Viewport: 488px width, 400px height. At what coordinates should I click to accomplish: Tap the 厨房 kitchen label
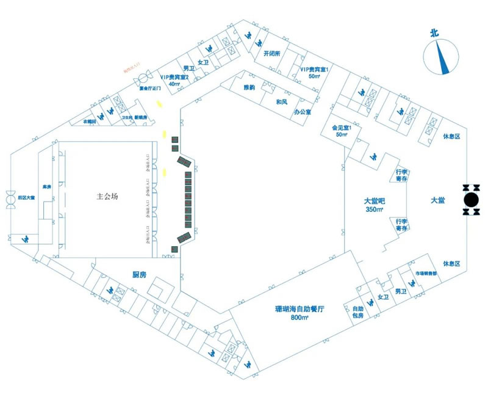tap(140, 275)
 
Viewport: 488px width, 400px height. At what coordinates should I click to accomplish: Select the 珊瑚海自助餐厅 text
tap(298, 309)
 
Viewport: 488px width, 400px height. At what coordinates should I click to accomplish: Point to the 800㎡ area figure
tap(299, 318)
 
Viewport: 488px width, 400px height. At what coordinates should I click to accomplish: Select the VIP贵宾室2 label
tap(174, 78)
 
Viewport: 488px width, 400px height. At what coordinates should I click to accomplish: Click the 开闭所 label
tap(271, 53)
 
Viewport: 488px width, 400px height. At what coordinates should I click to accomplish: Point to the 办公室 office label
tap(302, 112)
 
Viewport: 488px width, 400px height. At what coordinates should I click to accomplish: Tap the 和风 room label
tap(281, 101)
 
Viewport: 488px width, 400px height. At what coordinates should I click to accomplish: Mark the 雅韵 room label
tap(249, 88)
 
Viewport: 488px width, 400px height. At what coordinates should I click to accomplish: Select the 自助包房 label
tap(357, 312)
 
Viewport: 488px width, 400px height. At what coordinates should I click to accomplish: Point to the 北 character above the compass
tap(434, 34)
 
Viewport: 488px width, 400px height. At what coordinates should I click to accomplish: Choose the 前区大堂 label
tap(26, 197)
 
